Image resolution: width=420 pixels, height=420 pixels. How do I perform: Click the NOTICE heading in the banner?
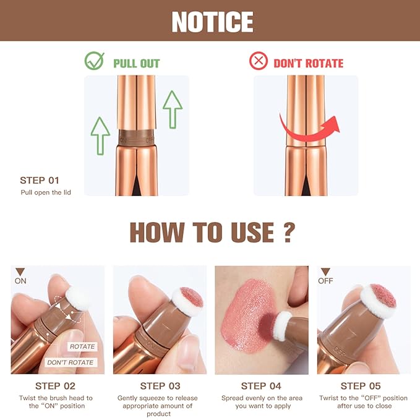click(x=212, y=22)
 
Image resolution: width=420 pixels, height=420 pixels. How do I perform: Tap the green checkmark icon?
click(x=95, y=62)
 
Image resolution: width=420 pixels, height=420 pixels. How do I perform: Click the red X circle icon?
click(x=259, y=62)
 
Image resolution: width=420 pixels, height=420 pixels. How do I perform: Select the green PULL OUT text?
click(x=136, y=63)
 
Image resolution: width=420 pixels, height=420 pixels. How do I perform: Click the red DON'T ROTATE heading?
click(x=308, y=63)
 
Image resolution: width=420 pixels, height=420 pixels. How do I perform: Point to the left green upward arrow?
click(x=100, y=135)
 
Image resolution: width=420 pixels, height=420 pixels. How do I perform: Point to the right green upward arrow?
click(x=172, y=109)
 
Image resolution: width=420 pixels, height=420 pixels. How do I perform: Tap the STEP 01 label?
click(x=40, y=181)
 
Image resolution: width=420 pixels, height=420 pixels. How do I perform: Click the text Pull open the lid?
click(x=45, y=192)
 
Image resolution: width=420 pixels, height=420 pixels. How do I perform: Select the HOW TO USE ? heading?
click(x=210, y=233)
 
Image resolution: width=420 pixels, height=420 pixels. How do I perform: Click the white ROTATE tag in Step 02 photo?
click(x=82, y=347)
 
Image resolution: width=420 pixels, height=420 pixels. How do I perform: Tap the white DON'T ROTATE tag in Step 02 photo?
click(x=70, y=362)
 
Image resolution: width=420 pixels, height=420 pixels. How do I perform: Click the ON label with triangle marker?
click(x=20, y=276)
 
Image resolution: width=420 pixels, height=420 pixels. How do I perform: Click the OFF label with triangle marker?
click(x=325, y=276)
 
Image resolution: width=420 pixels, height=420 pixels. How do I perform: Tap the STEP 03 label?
click(x=159, y=387)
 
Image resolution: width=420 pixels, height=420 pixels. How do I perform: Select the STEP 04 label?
click(x=261, y=387)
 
